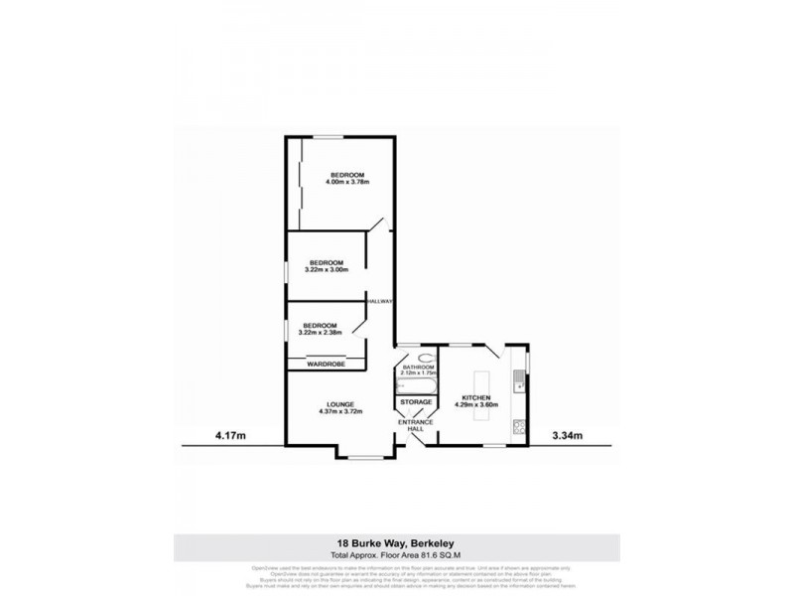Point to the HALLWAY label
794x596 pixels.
click(380, 300)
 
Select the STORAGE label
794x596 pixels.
click(416, 402)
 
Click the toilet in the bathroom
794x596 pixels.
click(424, 357)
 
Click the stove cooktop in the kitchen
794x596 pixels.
click(518, 427)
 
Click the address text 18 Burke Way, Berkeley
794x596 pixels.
click(397, 543)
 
